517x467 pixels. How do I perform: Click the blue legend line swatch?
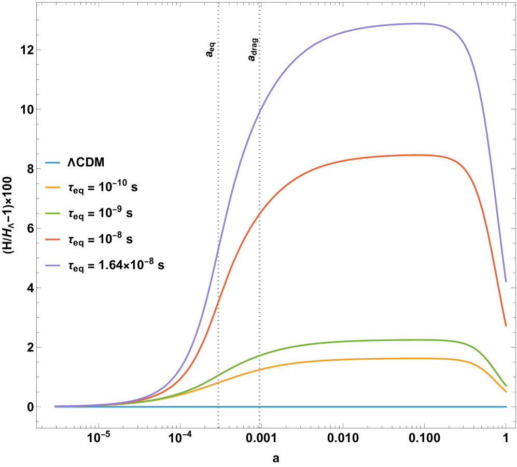click(x=53, y=163)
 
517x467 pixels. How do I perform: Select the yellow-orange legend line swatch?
click(x=53, y=187)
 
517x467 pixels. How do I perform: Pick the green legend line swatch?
click(x=53, y=213)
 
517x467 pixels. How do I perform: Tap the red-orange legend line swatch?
click(x=53, y=239)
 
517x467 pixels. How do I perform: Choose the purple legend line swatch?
click(x=53, y=265)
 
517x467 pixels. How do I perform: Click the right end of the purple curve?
click(x=506, y=281)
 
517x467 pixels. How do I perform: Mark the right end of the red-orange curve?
click(x=506, y=326)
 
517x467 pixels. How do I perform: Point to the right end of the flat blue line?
click(x=507, y=406)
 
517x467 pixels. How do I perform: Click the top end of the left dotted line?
click(x=218, y=3)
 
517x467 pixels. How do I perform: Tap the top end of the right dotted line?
click(x=259, y=3)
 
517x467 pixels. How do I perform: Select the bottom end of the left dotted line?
click(x=218, y=428)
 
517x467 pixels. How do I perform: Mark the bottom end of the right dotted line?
click(x=259, y=428)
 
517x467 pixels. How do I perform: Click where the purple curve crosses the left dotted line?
click(x=218, y=244)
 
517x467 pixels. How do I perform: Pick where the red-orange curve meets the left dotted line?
click(x=218, y=300)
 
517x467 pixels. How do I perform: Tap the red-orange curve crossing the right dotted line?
click(x=259, y=214)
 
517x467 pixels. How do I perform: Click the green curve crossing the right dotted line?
click(x=259, y=355)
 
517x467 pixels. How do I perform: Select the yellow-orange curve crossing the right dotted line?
click(x=259, y=370)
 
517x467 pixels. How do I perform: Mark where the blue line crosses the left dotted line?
click(x=218, y=406)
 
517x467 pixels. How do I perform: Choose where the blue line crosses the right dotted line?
click(x=259, y=406)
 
